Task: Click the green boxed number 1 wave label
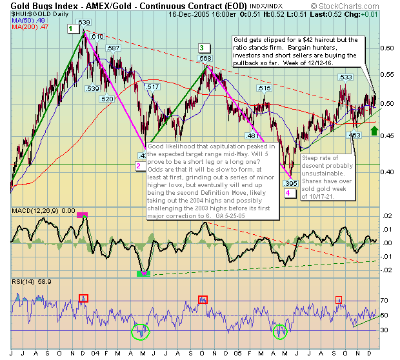click(70, 29)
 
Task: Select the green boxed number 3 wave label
click(202, 48)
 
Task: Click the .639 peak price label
click(84, 23)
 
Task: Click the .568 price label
click(205, 59)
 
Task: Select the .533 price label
click(345, 77)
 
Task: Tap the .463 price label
click(354, 135)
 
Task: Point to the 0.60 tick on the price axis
click(387, 48)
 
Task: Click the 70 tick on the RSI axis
click(383, 301)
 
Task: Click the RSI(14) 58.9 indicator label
click(23, 282)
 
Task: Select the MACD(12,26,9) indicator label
click(32, 210)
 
